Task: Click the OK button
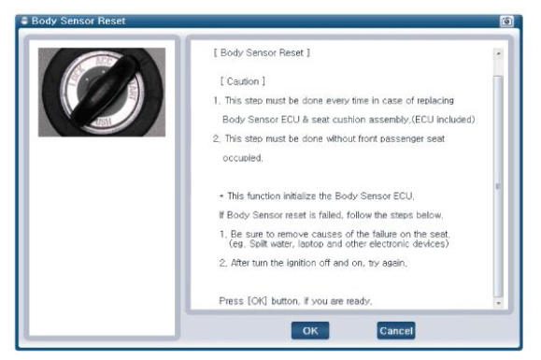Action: click(310, 331)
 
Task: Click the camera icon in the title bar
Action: click(506, 22)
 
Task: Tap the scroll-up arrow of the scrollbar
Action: click(498, 54)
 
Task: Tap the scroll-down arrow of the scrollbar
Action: click(498, 303)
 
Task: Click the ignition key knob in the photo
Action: click(104, 91)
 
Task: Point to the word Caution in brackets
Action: click(243, 81)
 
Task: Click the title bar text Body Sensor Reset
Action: click(78, 21)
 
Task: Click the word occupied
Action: click(242, 158)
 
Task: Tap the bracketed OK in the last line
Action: click(257, 301)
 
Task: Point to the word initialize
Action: click(299, 196)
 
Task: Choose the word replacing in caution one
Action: click(435, 101)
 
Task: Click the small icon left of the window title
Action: click(24, 21)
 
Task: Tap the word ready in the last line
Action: click(359, 301)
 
